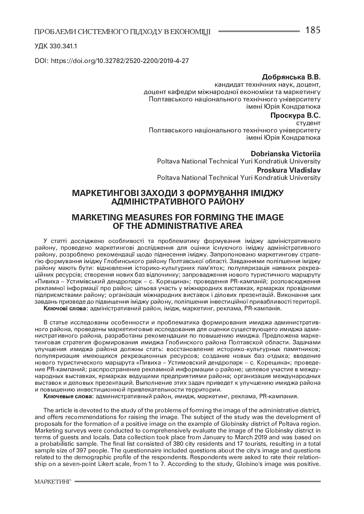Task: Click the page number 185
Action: pyautogui.click(x=313, y=30)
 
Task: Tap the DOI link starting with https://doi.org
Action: pyautogui.click(x=120, y=61)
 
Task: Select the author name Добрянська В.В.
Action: pyautogui.click(x=291, y=78)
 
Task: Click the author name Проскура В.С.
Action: pyautogui.click(x=295, y=115)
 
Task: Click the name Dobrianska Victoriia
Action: pyautogui.click(x=286, y=154)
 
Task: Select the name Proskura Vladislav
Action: pyautogui.click(x=289, y=170)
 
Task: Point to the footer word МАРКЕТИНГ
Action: pyautogui.click(x=53, y=481)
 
